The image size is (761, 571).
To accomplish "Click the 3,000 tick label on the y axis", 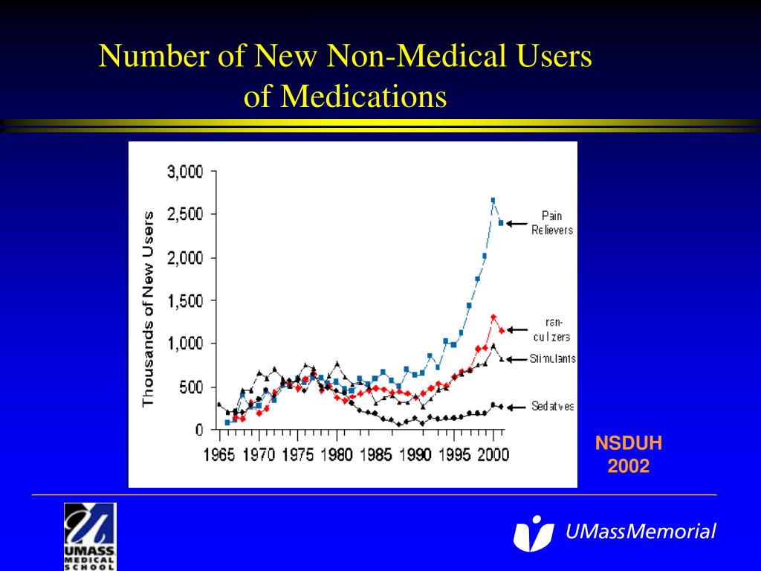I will pyautogui.click(x=184, y=172).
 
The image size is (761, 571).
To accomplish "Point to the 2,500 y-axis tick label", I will pyautogui.click(x=184, y=214).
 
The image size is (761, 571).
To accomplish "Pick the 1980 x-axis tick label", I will pyautogui.click(x=337, y=454).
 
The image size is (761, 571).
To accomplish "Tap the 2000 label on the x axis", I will pyautogui.click(x=491, y=454).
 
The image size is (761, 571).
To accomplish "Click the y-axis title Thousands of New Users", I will pyautogui.click(x=149, y=309).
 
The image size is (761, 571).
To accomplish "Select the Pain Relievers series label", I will pyautogui.click(x=552, y=223).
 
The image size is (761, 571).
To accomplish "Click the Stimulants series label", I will pyautogui.click(x=553, y=359).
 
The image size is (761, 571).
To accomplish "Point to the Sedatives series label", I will pyautogui.click(x=553, y=407).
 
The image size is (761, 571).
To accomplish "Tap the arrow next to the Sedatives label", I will pyautogui.click(x=517, y=407).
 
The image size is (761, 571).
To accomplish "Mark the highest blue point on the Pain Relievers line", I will pyautogui.click(x=493, y=200).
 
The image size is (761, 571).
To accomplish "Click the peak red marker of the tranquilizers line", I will pyautogui.click(x=493, y=317).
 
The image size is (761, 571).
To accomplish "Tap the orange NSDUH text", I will pyautogui.click(x=628, y=445).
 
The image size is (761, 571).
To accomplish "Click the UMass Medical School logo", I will pyautogui.click(x=90, y=535).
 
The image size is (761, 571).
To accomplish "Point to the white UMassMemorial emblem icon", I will pyautogui.click(x=533, y=532).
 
